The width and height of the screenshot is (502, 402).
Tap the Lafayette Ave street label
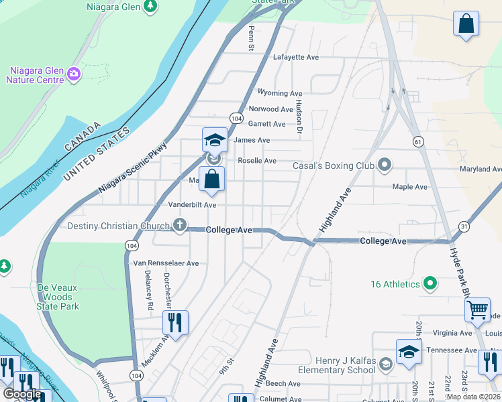[295, 58]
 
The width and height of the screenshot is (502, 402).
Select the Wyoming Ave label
[280, 93]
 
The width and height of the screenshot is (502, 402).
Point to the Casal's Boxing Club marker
[384, 164]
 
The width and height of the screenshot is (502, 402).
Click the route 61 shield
[418, 141]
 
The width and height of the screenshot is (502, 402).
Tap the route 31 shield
[464, 227]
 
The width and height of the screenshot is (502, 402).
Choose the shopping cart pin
[477, 310]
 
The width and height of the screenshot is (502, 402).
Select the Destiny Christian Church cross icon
[179, 225]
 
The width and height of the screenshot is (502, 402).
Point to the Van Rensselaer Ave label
[166, 263]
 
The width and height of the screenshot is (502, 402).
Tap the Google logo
[22, 394]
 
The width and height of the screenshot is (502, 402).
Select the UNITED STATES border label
[96, 154]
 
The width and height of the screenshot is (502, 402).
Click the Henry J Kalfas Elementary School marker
[385, 364]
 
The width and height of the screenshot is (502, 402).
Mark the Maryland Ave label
[481, 170]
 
